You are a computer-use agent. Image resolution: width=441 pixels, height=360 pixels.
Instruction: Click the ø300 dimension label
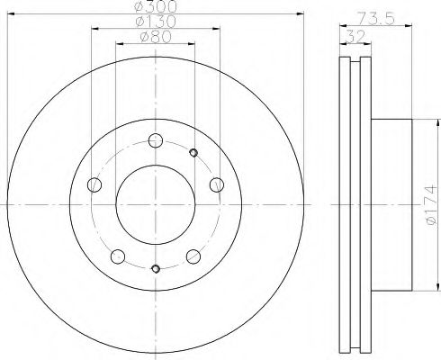click(155, 6)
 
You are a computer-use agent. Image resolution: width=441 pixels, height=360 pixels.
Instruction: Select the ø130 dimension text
click(156, 22)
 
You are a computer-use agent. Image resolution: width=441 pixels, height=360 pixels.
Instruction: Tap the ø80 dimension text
click(156, 37)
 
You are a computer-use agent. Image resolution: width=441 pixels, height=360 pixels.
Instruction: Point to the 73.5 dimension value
click(376, 19)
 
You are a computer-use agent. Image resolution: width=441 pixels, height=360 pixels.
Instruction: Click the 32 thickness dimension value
click(355, 36)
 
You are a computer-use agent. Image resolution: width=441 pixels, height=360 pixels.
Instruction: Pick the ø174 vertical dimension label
click(431, 205)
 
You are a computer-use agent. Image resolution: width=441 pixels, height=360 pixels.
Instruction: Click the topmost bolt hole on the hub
click(156, 140)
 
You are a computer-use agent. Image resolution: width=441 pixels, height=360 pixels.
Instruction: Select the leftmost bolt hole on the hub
click(94, 184)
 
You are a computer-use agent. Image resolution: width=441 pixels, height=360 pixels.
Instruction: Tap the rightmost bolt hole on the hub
click(217, 184)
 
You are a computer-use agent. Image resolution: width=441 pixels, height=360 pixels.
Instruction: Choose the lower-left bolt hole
click(118, 256)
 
